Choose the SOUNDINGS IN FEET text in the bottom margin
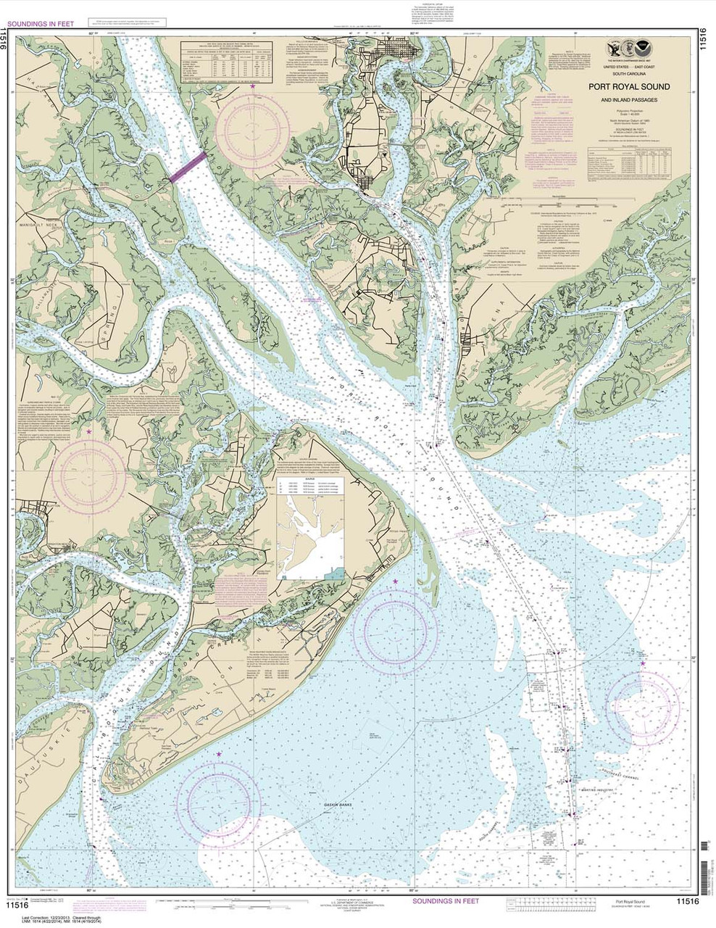445,900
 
